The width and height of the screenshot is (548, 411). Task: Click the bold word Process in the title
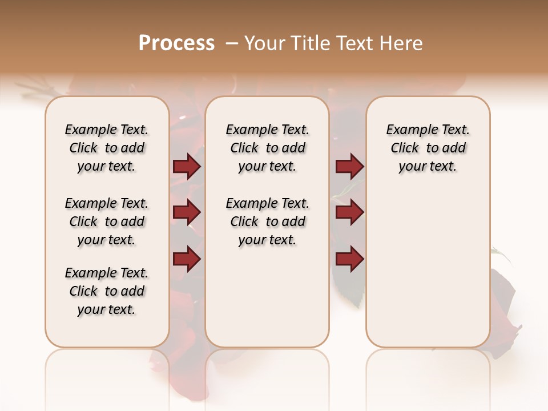pos(176,43)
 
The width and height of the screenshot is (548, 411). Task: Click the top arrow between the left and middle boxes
pos(187,167)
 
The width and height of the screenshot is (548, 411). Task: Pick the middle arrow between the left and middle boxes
pos(187,213)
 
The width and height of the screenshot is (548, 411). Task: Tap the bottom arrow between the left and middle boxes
pos(187,259)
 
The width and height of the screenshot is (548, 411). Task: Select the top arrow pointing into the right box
pos(349,167)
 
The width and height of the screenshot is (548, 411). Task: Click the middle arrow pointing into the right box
pos(349,213)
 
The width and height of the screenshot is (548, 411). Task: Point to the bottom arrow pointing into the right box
pos(349,259)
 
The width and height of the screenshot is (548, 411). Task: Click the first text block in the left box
pos(107,148)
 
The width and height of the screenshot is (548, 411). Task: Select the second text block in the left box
pos(107,221)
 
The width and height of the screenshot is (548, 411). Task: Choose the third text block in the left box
pos(107,291)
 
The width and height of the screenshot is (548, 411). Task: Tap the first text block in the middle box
pos(267,148)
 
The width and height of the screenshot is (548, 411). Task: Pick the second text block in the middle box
pos(267,221)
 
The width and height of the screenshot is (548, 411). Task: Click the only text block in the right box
pos(428,148)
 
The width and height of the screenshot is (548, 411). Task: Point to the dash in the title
pos(232,43)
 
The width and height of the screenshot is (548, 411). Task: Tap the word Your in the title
pos(264,43)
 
